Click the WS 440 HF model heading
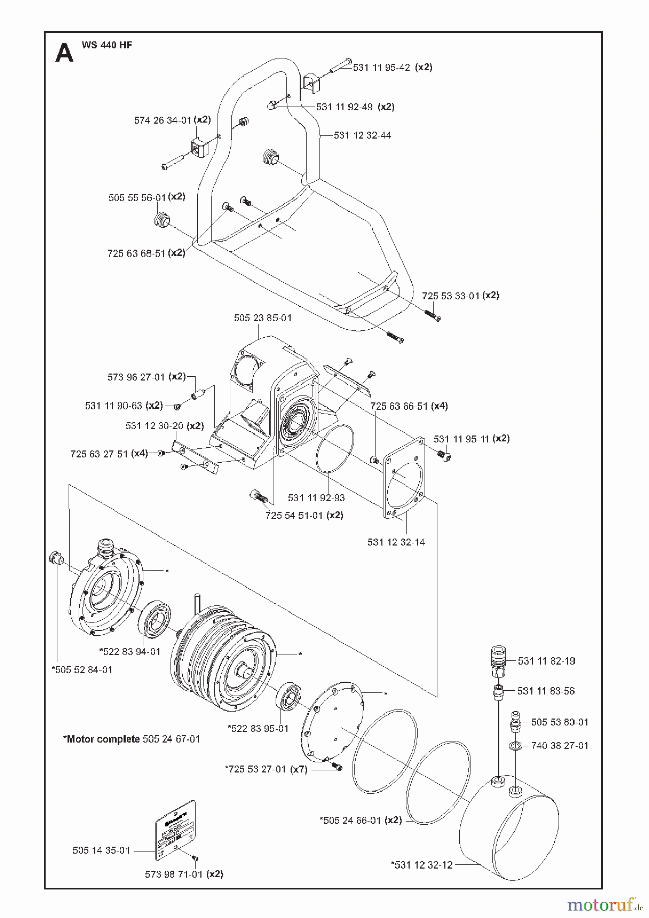[x=107, y=45]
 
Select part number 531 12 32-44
[x=362, y=135]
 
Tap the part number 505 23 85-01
[x=263, y=318]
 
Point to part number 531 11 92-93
[x=316, y=498]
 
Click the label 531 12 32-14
[x=396, y=542]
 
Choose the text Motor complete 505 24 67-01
[x=132, y=739]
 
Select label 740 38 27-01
[x=560, y=746]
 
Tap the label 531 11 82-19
[x=546, y=661]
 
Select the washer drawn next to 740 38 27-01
[x=515, y=747]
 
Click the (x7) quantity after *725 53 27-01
[x=298, y=769]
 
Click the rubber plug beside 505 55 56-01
[x=161, y=220]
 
